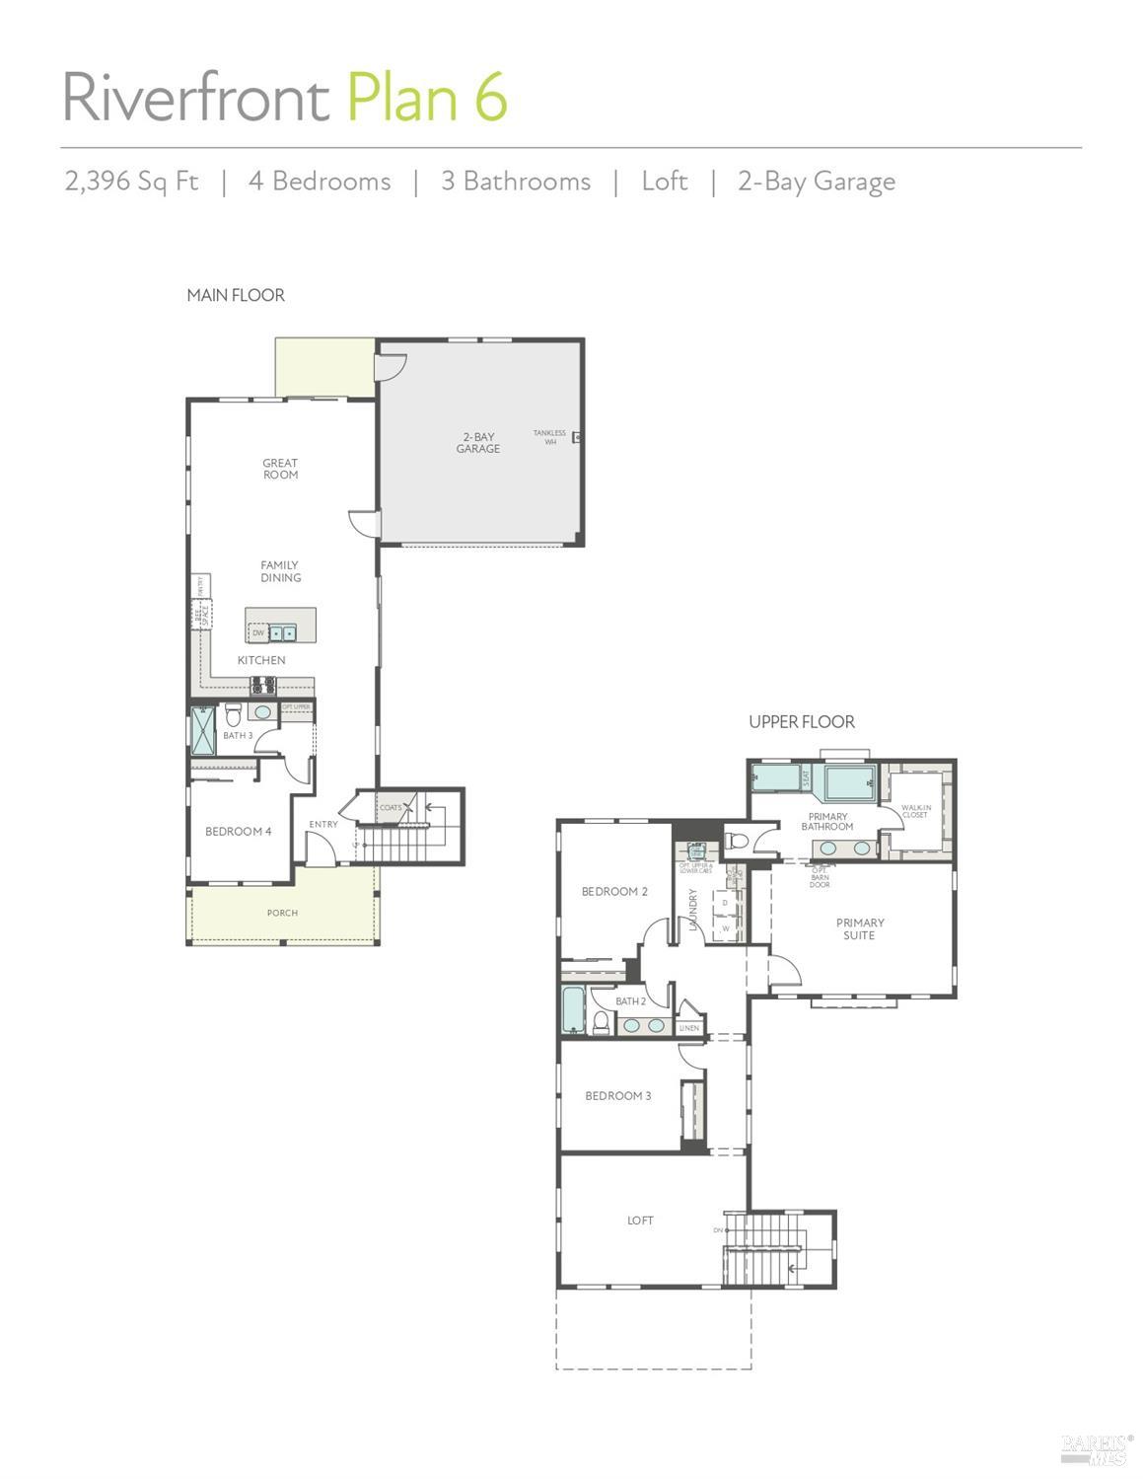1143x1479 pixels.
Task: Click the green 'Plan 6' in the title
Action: [427, 98]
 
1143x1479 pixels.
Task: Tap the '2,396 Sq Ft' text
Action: [131, 182]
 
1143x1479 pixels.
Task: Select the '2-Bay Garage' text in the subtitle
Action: [816, 182]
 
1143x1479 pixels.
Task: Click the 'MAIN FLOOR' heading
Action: [236, 295]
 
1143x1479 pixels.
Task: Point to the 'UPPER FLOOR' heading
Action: [801, 722]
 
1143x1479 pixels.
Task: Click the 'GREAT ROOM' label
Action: [280, 469]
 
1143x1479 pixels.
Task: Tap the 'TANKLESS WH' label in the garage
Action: [549, 437]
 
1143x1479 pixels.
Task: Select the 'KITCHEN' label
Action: [261, 660]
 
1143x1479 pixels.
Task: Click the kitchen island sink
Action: [282, 633]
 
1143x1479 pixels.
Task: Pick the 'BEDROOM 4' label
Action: [238, 832]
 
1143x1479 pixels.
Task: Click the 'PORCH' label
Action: [282, 913]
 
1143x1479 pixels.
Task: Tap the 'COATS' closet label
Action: [390, 807]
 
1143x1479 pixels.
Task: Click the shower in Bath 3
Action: [202, 731]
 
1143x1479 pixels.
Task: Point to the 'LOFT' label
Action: [640, 1220]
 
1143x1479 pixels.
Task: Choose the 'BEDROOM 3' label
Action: [617, 1096]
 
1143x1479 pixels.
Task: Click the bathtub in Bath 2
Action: [573, 1010]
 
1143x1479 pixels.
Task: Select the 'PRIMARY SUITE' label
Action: [859, 929]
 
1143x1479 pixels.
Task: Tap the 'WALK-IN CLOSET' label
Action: [914, 811]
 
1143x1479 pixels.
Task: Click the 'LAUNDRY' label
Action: [693, 910]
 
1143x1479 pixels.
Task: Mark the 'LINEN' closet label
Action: [689, 1028]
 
